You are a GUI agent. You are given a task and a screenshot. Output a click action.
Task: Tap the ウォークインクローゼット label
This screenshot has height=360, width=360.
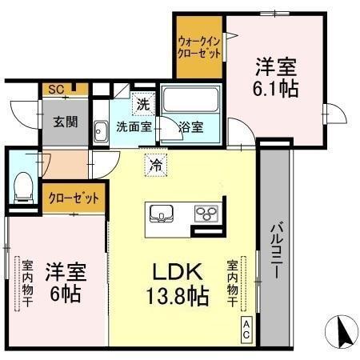199,47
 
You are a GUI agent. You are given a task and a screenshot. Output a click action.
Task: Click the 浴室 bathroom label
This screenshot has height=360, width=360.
190,126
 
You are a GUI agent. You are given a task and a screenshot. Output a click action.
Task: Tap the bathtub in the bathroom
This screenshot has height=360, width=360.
191,102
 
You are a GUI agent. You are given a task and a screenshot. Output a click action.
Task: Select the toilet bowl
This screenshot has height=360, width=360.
23,186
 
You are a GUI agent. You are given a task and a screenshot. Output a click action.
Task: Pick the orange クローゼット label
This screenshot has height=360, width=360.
74,197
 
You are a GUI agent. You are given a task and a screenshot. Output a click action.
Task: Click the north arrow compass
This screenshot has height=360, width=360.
342,330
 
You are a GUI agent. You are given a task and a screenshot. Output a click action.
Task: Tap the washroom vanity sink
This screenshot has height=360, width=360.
100,130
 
